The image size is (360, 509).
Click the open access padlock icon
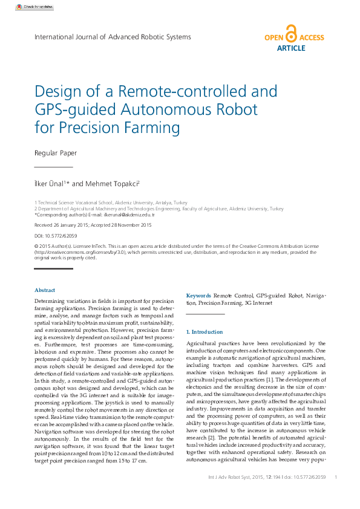[291, 34]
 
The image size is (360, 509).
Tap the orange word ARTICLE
[290, 48]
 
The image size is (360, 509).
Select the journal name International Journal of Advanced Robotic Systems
[113, 37]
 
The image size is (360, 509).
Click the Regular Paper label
[56, 153]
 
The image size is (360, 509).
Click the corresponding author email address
[129, 215]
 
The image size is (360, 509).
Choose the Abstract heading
[45, 290]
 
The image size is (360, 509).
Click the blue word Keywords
[198, 296]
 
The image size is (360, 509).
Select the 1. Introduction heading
[205, 332]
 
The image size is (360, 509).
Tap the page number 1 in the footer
[335, 478]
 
